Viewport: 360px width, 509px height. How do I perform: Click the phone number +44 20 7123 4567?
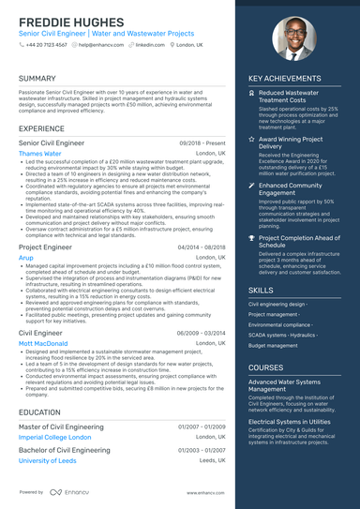[46, 44]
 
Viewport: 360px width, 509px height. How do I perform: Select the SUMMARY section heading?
[37, 78]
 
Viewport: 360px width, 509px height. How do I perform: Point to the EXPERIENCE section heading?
[42, 127]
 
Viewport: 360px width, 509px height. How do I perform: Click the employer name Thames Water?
[40, 153]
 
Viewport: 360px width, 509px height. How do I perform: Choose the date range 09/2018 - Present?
[202, 142]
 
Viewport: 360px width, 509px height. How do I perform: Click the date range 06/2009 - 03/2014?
[200, 333]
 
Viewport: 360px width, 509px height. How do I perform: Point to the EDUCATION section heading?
[40, 412]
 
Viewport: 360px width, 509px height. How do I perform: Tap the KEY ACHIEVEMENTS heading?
[286, 79]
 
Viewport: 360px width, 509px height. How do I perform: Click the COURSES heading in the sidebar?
[266, 367]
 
